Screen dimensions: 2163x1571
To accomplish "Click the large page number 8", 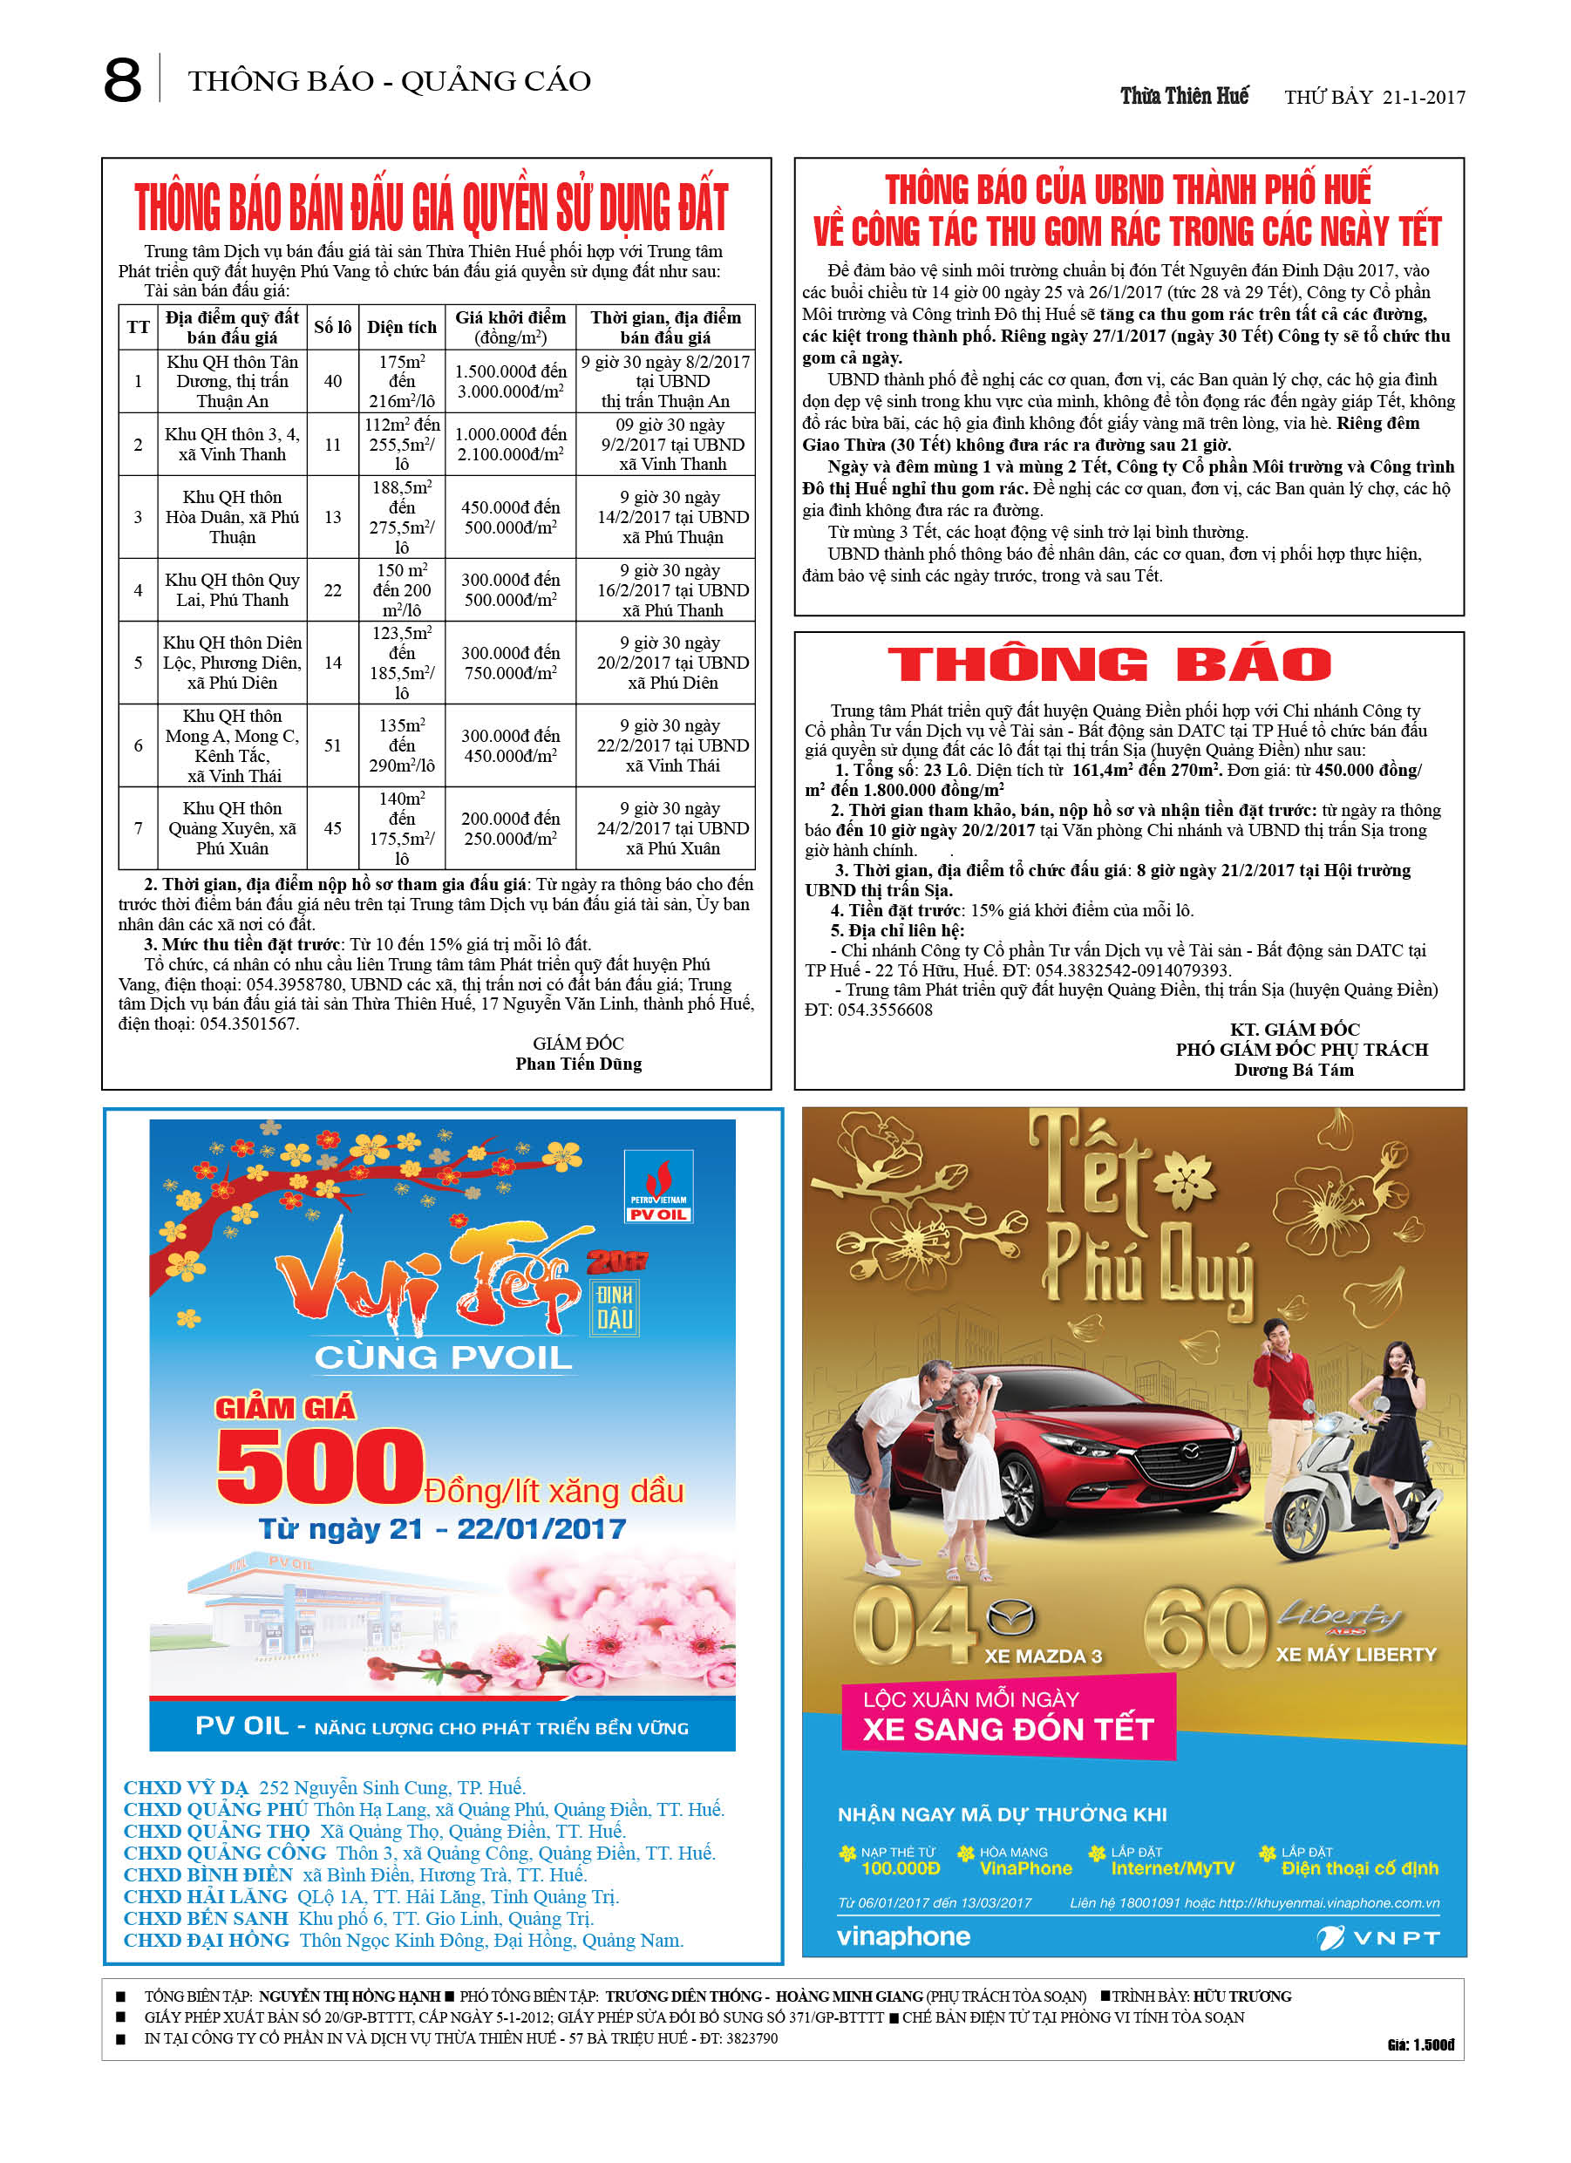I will [x=122, y=81].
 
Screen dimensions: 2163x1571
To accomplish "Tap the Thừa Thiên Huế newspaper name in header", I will [x=1184, y=96].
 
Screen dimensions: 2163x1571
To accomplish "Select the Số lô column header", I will [x=332, y=327].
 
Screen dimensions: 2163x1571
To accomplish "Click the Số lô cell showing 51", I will [x=332, y=745].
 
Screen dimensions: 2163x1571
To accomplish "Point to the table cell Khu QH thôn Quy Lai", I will [x=232, y=590].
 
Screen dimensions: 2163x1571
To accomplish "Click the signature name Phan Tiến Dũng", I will [x=578, y=1064].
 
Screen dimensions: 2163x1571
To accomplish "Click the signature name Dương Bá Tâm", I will [x=1294, y=1070].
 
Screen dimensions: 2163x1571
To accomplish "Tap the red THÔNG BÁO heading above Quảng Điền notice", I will [x=1108, y=664].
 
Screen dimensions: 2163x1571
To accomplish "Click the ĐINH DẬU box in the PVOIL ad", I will [x=615, y=1308].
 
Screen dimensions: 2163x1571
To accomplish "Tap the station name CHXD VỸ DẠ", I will [x=186, y=1788].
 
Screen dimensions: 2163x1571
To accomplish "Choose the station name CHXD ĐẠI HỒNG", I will [x=206, y=1941].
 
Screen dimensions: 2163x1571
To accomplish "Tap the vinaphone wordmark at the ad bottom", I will [x=902, y=1937].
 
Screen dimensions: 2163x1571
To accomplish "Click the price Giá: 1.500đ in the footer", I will [x=1420, y=2044].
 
